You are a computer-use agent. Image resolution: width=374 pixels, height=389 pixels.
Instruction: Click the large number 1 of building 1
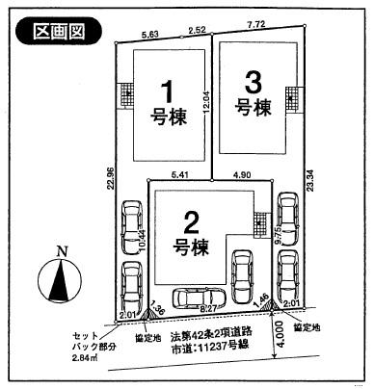point(166,91)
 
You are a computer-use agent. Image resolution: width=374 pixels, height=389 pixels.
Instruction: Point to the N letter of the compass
point(61,251)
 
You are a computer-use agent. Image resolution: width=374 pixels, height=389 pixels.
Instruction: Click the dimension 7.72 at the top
point(257,32)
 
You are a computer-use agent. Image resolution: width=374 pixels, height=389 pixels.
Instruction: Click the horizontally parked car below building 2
point(198,299)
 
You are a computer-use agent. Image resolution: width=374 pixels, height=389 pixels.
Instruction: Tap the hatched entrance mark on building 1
point(124,98)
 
